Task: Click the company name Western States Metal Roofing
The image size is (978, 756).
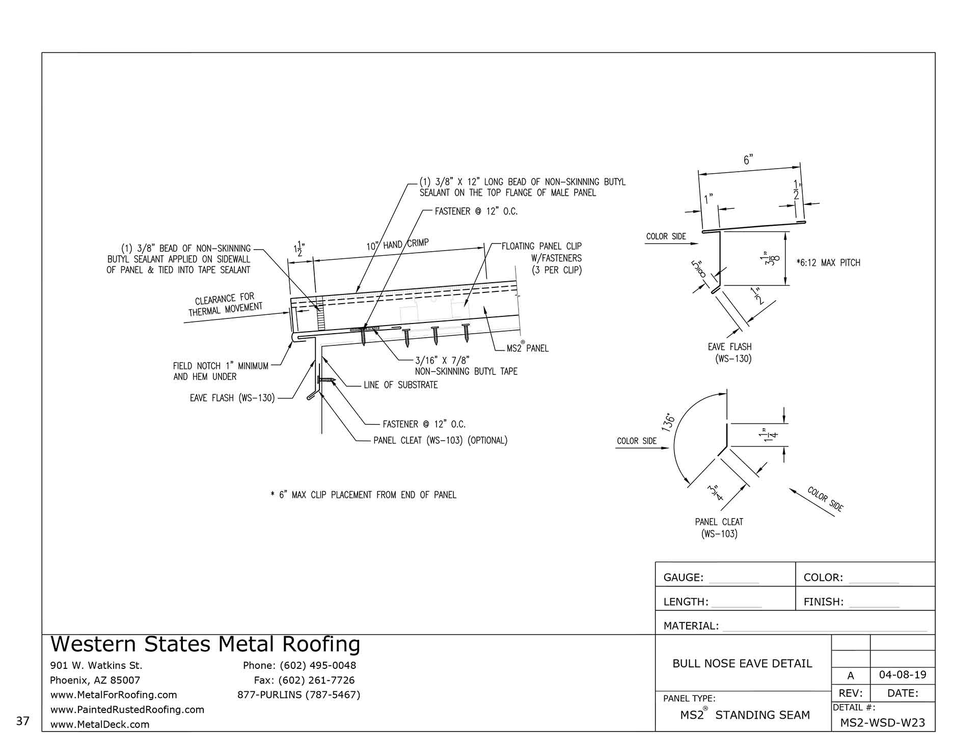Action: tap(205, 644)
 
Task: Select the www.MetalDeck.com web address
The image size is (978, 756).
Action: tap(100, 724)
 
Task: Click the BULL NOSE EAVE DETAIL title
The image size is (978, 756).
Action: tap(742, 663)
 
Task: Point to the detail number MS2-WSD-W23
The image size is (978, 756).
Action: tap(882, 722)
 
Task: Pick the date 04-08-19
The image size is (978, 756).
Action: tap(903, 675)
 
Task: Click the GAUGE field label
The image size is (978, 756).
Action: tap(683, 578)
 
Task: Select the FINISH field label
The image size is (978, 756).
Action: tap(823, 602)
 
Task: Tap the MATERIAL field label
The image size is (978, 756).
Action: tap(691, 626)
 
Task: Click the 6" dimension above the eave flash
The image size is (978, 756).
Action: tap(748, 159)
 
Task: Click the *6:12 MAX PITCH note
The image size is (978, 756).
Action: tap(828, 263)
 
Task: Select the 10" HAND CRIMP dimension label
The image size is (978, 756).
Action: tap(397, 245)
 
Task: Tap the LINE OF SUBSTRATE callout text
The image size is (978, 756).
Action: tap(400, 385)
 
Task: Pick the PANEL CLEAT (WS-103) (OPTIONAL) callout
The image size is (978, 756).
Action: tap(440, 441)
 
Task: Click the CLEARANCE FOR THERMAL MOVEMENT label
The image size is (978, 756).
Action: tap(225, 304)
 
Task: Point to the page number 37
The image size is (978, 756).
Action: tap(23, 721)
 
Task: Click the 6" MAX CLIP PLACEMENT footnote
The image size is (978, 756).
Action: tap(364, 495)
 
